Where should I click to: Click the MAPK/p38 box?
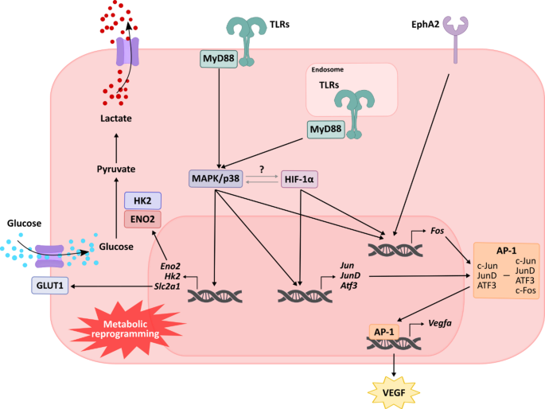[216, 179]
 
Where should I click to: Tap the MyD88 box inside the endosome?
[326, 130]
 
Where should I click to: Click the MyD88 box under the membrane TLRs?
[218, 59]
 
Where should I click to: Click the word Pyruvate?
[116, 169]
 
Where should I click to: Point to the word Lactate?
[116, 119]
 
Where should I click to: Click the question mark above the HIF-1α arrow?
[262, 168]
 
